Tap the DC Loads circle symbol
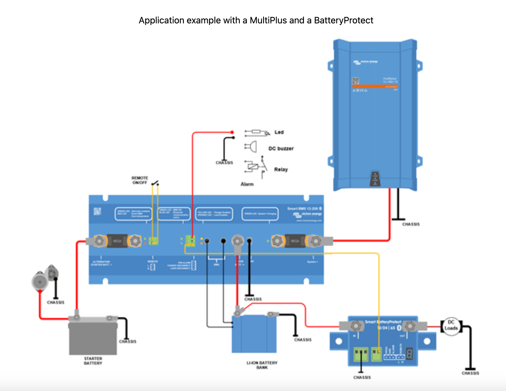451,325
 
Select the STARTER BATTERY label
93,361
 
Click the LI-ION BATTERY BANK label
262,365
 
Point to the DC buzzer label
281,148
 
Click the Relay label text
281,169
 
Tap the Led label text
279,132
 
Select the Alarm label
247,184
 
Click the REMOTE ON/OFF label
140,180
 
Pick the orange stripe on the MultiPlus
375,86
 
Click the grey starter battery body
93,338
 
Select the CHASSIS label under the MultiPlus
411,224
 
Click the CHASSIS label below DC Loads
470,373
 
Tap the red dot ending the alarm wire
232,132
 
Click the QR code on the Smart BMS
97,211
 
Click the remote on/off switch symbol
155,183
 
